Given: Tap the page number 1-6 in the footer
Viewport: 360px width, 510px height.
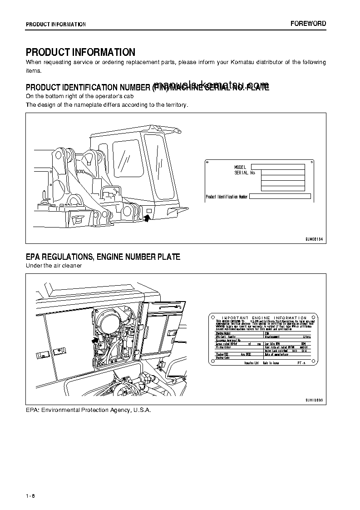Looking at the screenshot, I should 30,495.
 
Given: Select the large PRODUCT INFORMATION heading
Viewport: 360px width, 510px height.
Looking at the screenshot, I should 80,52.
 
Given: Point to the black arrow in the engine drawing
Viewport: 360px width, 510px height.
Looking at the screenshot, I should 95,339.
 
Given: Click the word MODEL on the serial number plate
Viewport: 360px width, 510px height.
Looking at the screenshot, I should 240,168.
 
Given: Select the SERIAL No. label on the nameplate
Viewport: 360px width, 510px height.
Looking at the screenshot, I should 245,173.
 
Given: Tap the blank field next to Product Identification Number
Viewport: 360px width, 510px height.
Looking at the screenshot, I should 280,197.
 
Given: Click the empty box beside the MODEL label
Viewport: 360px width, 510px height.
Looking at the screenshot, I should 277,167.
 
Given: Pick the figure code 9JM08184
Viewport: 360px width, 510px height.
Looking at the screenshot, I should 314,239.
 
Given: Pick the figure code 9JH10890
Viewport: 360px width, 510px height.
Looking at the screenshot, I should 314,401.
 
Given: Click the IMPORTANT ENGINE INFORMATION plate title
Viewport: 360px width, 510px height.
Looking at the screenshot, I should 264,318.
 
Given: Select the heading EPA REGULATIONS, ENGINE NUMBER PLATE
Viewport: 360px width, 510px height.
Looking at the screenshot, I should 103,257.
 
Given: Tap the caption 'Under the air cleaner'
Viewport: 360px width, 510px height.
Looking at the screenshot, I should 54,266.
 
